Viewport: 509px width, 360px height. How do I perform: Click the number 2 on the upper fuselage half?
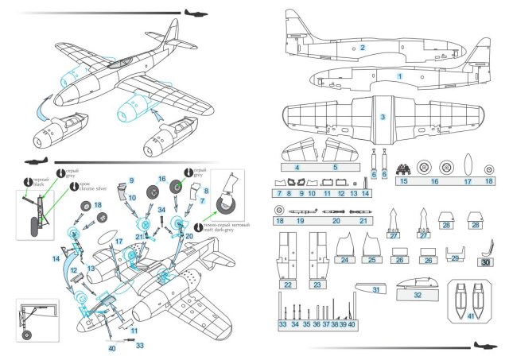click(362, 48)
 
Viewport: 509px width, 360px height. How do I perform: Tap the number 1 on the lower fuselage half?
click(400, 75)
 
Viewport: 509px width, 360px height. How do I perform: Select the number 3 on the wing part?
click(383, 117)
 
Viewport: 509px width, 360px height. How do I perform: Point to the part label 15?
click(297, 168)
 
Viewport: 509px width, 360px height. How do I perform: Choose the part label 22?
click(287, 285)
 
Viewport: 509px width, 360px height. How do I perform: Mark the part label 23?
click(317, 285)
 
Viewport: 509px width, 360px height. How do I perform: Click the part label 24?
click(344, 260)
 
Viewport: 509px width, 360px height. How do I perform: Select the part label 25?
click(371, 260)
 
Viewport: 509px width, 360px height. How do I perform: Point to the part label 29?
click(455, 258)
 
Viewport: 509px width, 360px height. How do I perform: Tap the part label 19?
click(300, 222)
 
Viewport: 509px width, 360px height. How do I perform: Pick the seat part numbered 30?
click(485, 253)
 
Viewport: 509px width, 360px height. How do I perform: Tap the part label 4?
click(297, 168)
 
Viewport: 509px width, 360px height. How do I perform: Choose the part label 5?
click(335, 168)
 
